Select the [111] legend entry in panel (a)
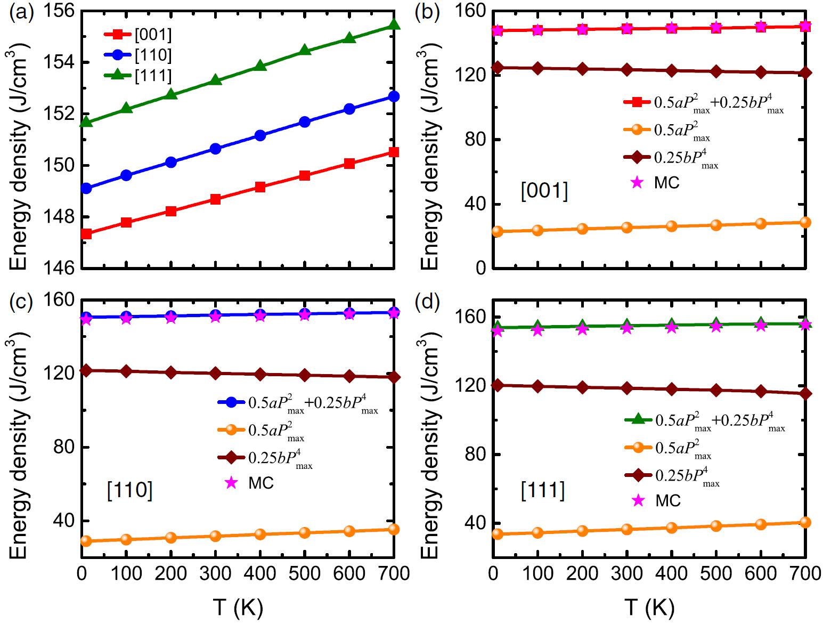pos(137,75)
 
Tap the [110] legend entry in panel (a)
pos(137,55)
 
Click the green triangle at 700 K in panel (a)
pos(394,25)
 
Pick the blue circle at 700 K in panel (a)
pos(394,96)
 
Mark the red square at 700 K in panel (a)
pos(394,152)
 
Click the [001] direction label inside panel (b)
pos(544,190)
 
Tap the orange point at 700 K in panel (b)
pos(805,222)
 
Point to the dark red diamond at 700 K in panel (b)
pos(805,73)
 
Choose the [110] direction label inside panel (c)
pos(129,490)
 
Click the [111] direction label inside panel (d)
pos(543,490)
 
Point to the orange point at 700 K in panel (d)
pos(805,522)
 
